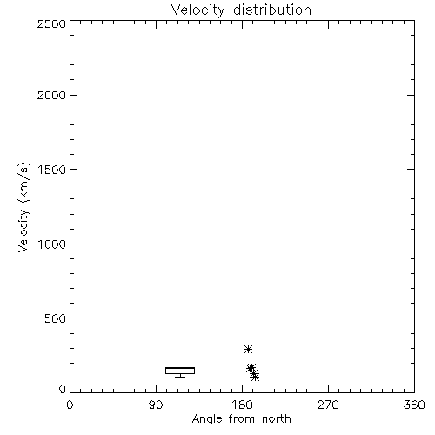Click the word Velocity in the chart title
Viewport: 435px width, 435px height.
[198, 10]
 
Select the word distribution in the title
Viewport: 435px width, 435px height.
[272, 10]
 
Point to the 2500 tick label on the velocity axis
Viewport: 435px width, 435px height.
[51, 23]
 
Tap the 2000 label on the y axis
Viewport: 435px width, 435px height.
[51, 96]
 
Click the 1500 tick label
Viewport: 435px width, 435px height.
[52, 170]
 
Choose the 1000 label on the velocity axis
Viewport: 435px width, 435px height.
[52, 244]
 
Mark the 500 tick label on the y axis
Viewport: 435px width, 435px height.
[56, 318]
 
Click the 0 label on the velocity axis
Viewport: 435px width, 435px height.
[63, 389]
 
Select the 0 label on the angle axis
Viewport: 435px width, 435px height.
[70, 405]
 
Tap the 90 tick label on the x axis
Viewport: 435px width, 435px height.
[156, 405]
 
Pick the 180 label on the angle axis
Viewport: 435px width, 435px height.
[242, 405]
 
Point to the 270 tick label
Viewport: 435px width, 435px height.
[328, 405]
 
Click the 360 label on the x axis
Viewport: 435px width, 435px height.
[414, 405]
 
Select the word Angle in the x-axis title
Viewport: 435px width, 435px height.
[207, 419]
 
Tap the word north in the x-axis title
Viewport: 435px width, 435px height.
[277, 419]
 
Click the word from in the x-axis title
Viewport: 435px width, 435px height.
[242, 419]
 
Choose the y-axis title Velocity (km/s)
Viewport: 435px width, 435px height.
[23, 207]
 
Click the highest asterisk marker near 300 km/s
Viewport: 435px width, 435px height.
[248, 349]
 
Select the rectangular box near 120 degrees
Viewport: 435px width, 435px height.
[180, 371]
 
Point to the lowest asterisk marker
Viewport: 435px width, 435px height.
[255, 377]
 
